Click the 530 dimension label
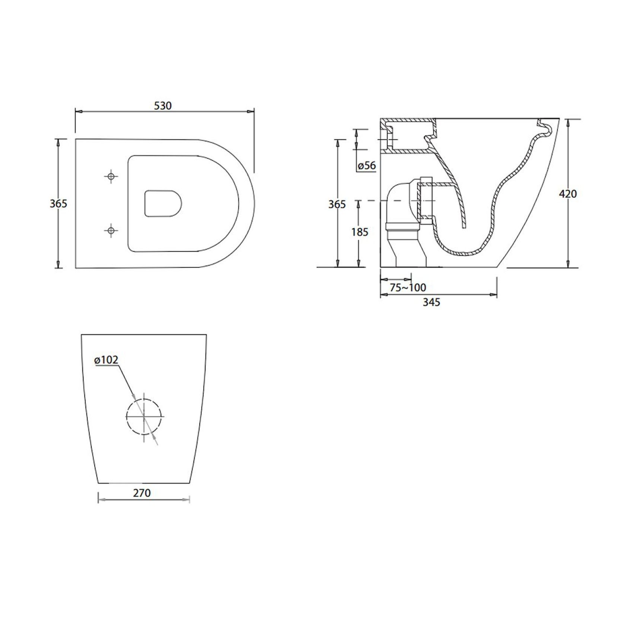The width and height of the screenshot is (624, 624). point(163,106)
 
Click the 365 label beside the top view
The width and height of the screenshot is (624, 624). point(58,204)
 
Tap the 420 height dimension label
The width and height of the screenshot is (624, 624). point(568,194)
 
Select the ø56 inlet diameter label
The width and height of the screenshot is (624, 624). point(367,165)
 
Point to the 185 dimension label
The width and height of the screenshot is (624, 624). point(360,232)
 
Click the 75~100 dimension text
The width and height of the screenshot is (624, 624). point(408,287)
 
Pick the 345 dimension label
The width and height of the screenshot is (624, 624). point(432,302)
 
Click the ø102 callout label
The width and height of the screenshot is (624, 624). point(106,360)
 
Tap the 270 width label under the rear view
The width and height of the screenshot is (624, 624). point(142,493)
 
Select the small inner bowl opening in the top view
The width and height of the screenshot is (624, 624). point(163,203)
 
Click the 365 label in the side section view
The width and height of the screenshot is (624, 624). point(337,204)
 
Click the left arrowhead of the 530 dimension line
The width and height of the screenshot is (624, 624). point(78,111)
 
